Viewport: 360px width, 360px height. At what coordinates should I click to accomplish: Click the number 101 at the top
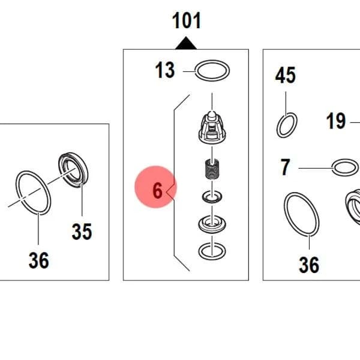click(187, 20)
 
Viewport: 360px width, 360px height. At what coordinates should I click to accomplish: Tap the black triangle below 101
click(186, 44)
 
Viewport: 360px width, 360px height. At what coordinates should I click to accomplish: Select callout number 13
click(165, 70)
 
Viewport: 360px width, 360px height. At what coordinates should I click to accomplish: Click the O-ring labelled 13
click(212, 70)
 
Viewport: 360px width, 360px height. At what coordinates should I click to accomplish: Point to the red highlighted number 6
click(157, 191)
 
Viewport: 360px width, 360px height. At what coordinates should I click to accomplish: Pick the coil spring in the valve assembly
click(212, 169)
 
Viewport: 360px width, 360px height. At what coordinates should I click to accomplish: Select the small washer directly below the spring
click(212, 197)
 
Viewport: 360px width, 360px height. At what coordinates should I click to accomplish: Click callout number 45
click(286, 75)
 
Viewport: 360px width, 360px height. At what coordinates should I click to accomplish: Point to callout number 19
click(336, 121)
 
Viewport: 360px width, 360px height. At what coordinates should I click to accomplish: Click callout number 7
click(285, 167)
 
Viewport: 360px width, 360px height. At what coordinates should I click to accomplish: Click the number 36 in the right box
click(309, 265)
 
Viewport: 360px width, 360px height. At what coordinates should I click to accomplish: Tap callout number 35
click(82, 232)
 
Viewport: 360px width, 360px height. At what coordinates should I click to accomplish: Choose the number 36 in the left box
click(39, 260)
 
